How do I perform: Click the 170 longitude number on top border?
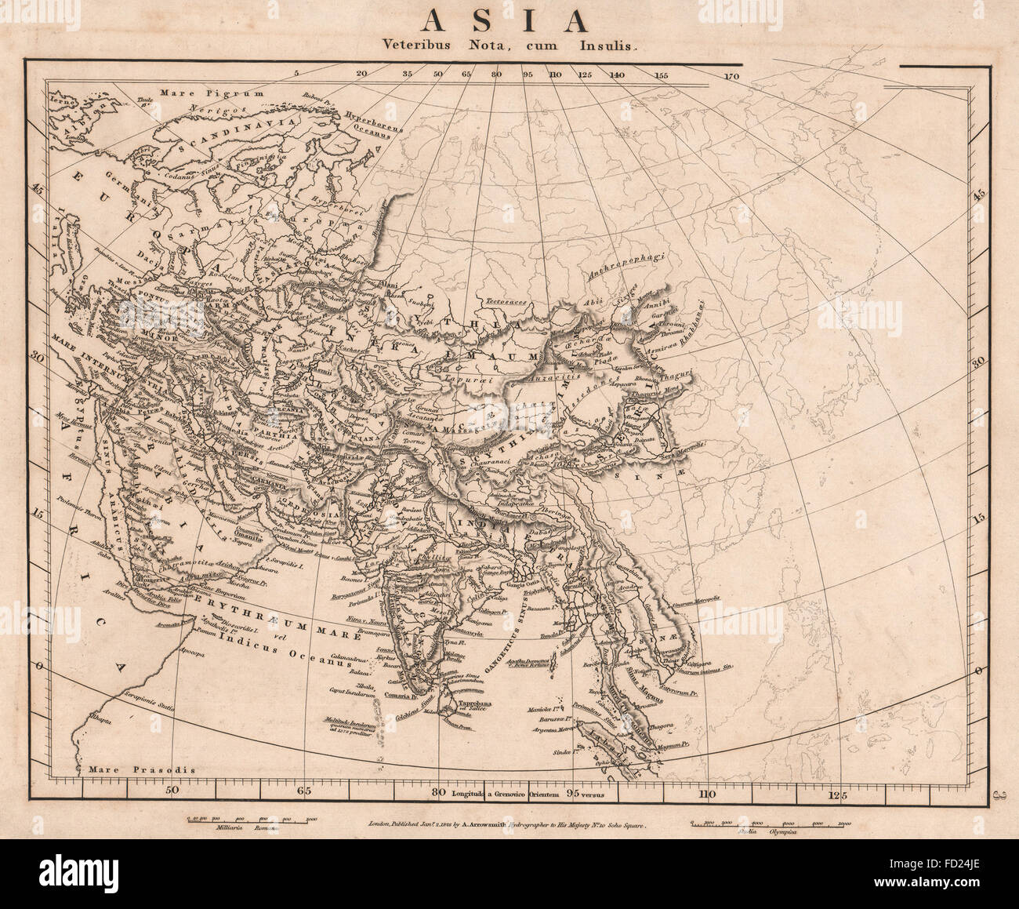pos(733,76)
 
